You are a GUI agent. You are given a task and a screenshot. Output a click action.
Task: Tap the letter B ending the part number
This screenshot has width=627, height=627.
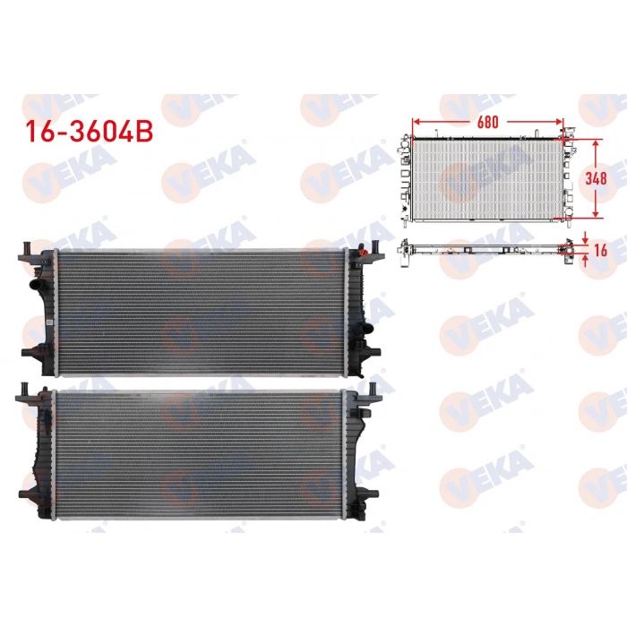coord(145,131)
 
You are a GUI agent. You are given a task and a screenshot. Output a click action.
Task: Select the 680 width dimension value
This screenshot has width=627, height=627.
coord(489,122)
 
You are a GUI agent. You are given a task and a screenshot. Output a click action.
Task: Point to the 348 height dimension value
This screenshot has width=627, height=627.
coord(597,177)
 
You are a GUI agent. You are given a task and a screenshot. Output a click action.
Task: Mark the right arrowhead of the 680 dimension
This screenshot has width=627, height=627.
coord(561,122)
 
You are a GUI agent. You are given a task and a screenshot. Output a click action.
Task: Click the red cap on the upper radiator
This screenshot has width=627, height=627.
coord(363,253)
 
